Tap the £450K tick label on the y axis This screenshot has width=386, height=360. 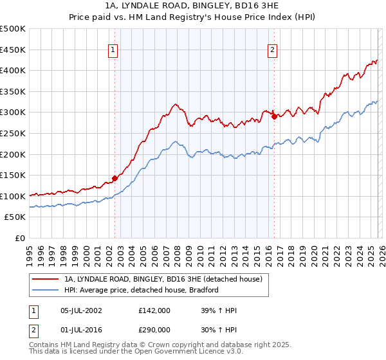tap(13, 50)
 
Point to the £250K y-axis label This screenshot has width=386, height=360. tap(13, 133)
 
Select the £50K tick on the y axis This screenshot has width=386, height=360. tap(15, 217)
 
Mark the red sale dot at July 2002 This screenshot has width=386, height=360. tap(115, 178)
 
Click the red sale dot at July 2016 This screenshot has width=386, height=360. tap(274, 116)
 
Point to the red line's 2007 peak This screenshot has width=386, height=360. tap(174, 104)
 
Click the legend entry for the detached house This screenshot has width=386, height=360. tap(163, 280)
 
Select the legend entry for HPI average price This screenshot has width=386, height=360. tap(142, 290)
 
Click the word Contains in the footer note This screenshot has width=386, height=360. tap(45, 345)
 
